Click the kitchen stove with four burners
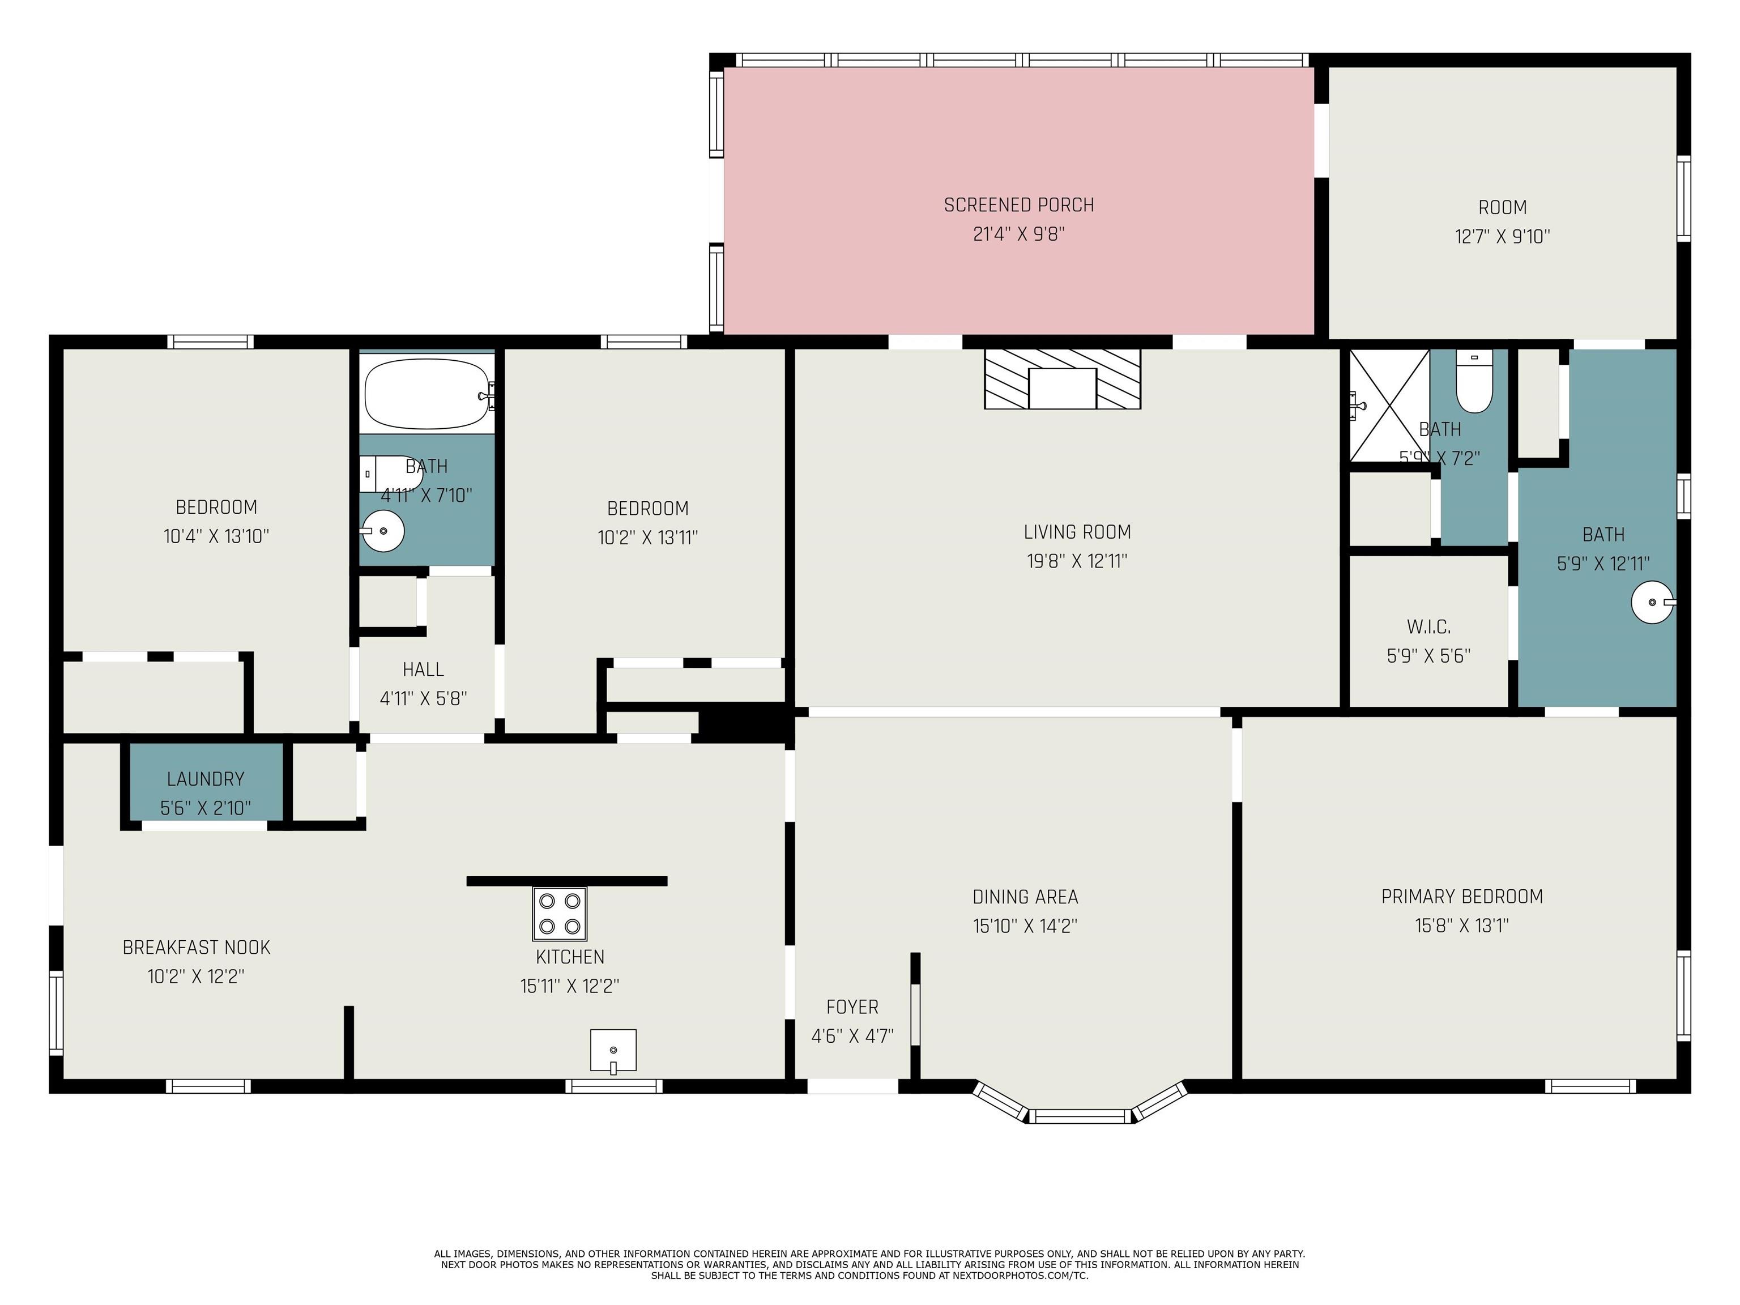coord(559,913)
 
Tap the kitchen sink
coord(613,1051)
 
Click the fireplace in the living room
coord(1062,379)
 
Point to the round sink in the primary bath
coord(1653,603)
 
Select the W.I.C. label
coord(1428,627)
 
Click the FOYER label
coord(852,1007)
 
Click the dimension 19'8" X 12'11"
coord(1077,561)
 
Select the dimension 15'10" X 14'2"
coord(1025,926)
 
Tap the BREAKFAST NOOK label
coord(196,947)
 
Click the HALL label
coord(423,669)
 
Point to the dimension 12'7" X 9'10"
coord(1503,236)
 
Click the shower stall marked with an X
coord(1390,406)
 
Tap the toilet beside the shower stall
coord(1473,382)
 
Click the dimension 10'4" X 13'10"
coord(216,536)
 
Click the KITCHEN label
coord(570,957)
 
